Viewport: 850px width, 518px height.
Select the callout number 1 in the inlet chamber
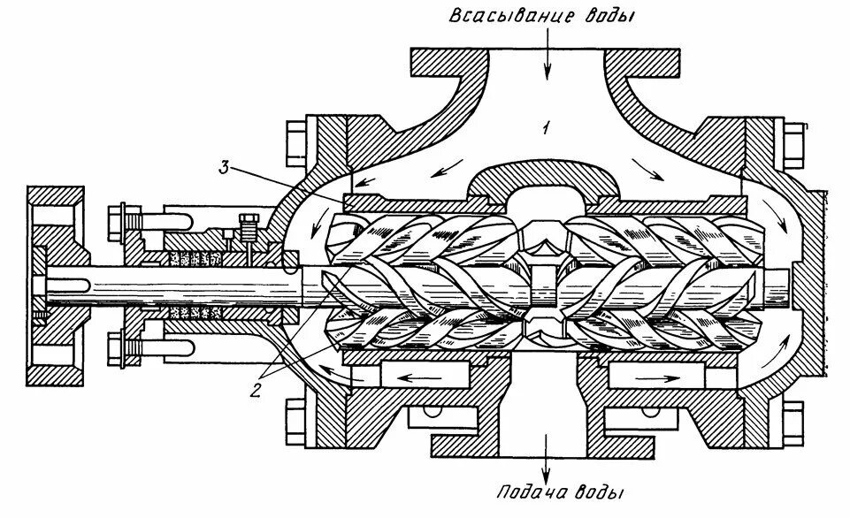548,128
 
